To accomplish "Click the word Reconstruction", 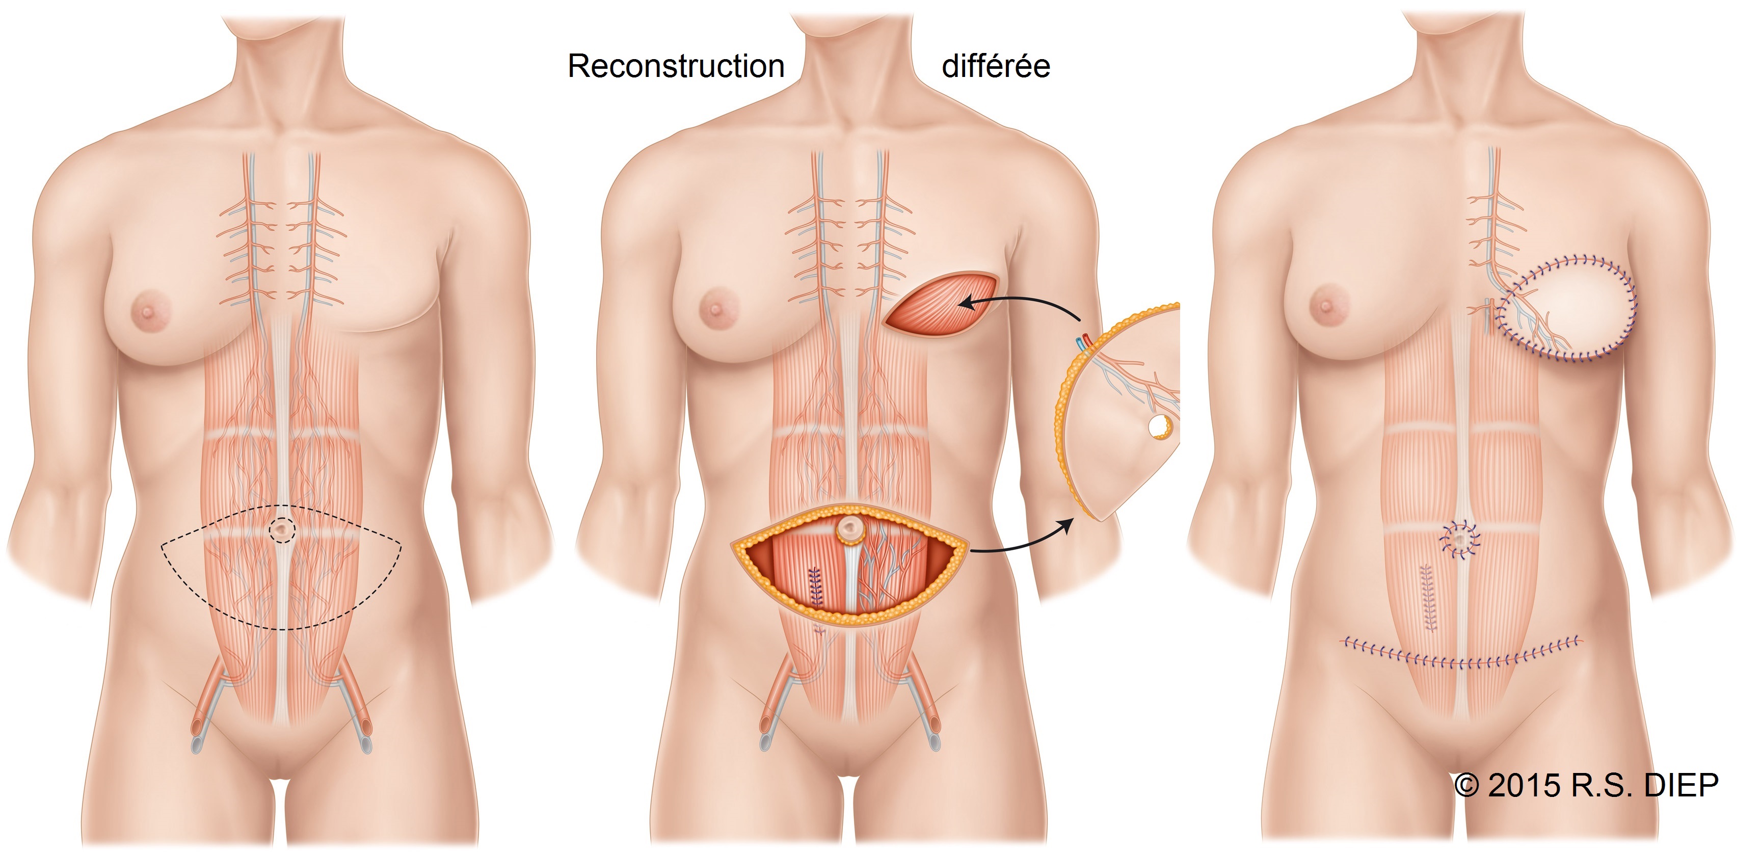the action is pos(676,66).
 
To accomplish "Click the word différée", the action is pos(996,66).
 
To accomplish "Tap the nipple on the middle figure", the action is pos(715,309).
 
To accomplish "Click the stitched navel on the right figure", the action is pos(1459,541).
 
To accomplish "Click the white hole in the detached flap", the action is pos(1159,426).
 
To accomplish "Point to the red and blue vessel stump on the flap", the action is pos(1083,342).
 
